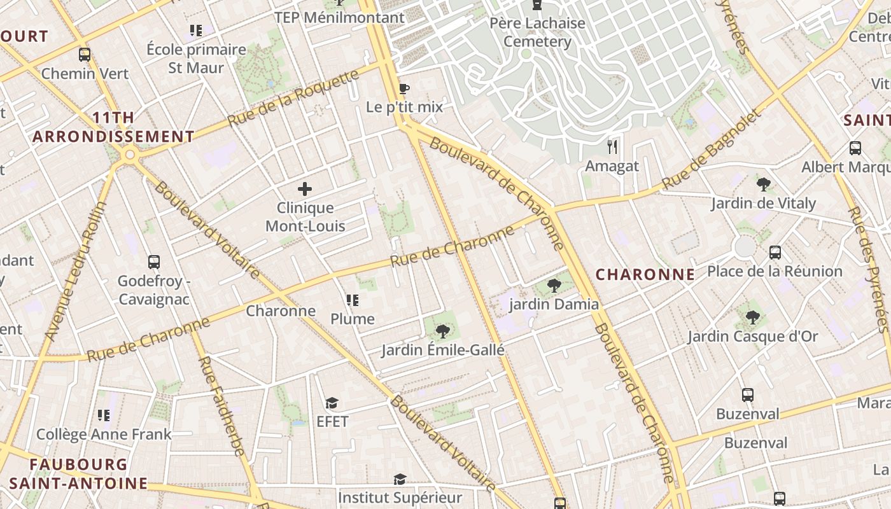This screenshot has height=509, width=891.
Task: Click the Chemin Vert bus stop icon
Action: (85, 55)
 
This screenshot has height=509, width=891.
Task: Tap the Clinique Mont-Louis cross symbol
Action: (305, 189)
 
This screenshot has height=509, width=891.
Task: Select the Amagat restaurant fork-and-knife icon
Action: (612, 148)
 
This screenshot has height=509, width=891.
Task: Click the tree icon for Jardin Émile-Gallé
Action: (443, 331)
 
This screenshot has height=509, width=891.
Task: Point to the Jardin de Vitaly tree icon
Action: (764, 185)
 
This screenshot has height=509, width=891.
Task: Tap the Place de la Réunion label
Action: (775, 272)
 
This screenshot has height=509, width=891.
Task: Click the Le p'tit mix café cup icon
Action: (403, 88)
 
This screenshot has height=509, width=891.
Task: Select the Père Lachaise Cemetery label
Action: (538, 32)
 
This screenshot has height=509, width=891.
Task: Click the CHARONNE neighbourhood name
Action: (645, 275)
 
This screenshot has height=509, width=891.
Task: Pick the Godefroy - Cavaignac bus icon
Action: (153, 261)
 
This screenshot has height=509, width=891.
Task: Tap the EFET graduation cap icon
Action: (332, 403)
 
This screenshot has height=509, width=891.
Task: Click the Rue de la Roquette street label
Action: (293, 98)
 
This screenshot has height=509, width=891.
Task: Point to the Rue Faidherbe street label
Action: (221, 406)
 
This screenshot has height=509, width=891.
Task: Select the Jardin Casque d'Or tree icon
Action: (752, 317)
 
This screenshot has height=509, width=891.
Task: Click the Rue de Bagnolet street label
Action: (711, 150)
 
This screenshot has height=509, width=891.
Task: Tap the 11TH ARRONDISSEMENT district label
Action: (113, 127)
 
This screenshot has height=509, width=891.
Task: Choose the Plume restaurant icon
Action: (353, 300)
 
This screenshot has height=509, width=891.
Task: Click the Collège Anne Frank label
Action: (104, 435)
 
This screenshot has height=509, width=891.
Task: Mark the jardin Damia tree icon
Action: (554, 285)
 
